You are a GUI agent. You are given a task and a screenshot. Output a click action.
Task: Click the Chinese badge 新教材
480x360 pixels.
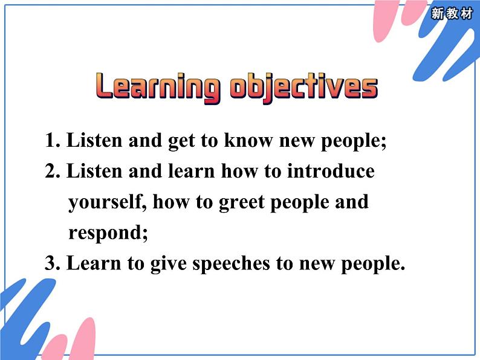pyautogui.click(x=452, y=14)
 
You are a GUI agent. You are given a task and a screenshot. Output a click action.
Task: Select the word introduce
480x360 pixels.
pyautogui.click(x=331, y=171)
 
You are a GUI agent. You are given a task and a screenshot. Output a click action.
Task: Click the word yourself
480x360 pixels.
pyautogui.click(x=108, y=202)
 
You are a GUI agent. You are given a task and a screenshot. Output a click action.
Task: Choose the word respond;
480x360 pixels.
pyautogui.click(x=108, y=233)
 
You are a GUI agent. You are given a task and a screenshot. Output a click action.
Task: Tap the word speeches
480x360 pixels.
pyautogui.click(x=207, y=263)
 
